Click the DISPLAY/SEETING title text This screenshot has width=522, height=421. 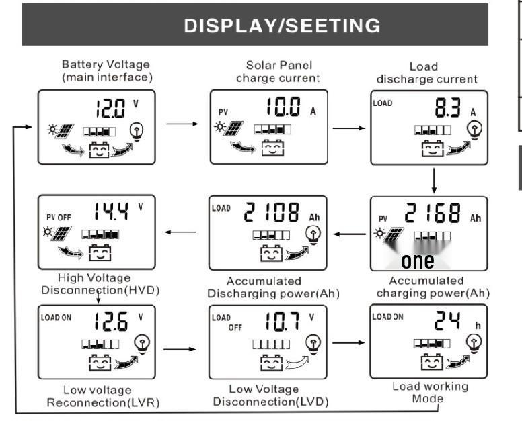point(282,26)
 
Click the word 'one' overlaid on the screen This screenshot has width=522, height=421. point(417,260)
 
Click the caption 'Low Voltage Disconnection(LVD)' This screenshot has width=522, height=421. point(270,395)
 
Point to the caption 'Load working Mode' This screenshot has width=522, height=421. point(431,392)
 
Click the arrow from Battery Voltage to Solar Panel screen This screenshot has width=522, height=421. point(182,124)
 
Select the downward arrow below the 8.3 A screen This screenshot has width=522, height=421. point(435,179)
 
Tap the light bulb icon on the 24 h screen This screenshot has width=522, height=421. point(475,344)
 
